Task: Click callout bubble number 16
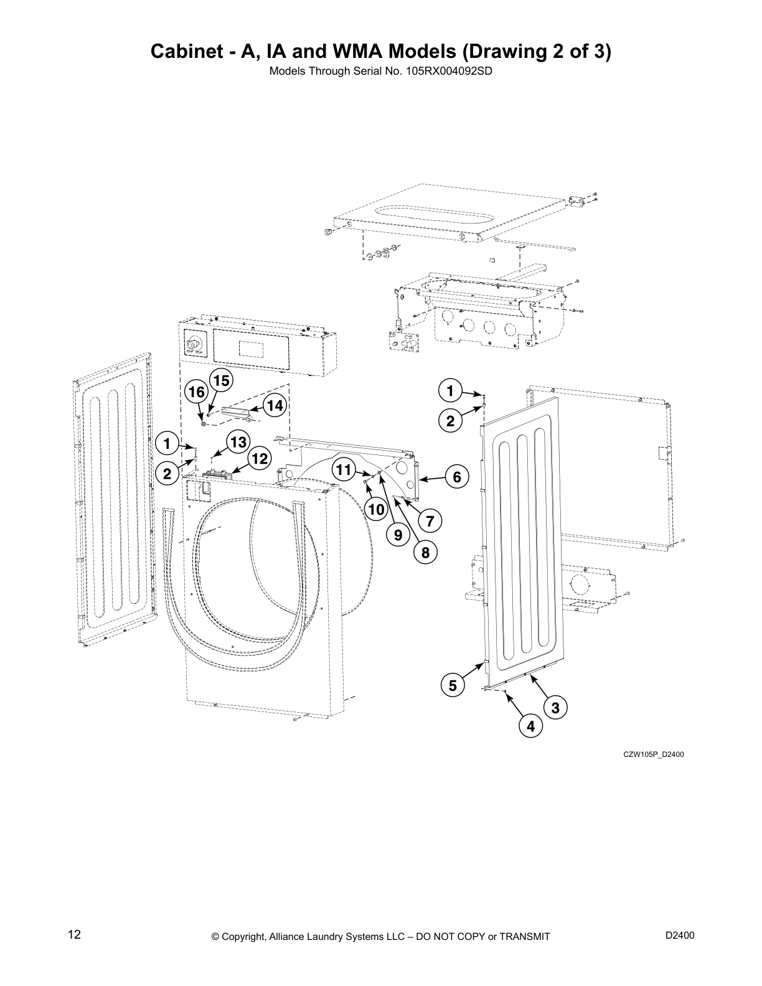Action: point(196,392)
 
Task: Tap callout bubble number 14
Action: point(273,406)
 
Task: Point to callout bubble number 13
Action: point(237,441)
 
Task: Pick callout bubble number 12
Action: point(259,459)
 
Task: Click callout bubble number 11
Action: point(344,469)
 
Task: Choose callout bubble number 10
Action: point(376,510)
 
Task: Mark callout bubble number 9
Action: point(398,534)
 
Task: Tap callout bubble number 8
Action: point(425,552)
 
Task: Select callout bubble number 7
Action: point(430,520)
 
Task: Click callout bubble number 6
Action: point(456,477)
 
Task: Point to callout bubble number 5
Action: point(453,685)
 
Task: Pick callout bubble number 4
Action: point(530,726)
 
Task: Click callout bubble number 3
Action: point(555,707)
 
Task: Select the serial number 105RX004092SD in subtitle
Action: point(449,71)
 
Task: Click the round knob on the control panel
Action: point(194,343)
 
